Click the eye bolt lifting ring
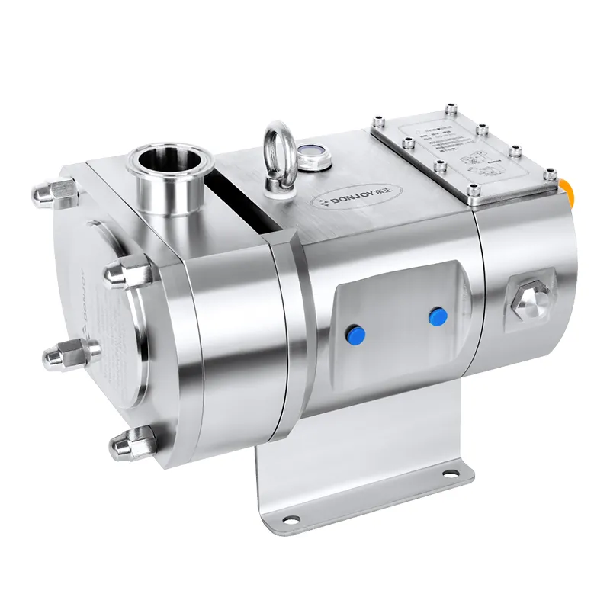pyautogui.click(x=275, y=145)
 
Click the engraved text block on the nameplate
pyautogui.click(x=435, y=135)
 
